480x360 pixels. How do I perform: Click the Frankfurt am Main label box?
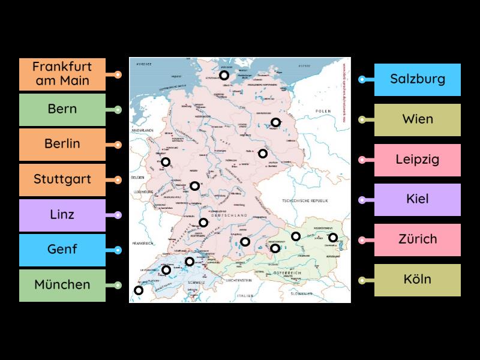tap(62, 74)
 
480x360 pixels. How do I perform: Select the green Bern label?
tap(62, 109)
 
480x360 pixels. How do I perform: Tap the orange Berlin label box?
tap(62, 144)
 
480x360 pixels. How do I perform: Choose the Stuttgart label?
tap(62, 179)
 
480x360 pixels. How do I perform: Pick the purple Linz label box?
tap(62, 214)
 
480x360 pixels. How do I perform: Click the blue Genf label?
tap(62, 249)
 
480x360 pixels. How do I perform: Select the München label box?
tap(62, 284)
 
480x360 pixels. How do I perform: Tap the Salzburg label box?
tap(418, 79)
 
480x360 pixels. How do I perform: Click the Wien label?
tap(418, 119)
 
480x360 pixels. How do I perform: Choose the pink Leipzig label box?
tap(418, 160)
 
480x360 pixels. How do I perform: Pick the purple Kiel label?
tap(418, 199)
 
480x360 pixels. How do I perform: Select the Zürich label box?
tap(418, 239)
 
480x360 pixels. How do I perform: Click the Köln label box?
tap(418, 280)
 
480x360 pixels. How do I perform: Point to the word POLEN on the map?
tap(324, 112)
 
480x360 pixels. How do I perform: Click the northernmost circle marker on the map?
tap(224, 75)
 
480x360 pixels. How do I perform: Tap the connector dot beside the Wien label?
tap(362, 119)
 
